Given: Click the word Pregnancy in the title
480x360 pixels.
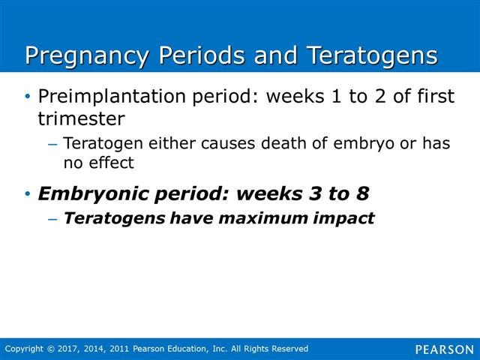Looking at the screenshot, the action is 87,57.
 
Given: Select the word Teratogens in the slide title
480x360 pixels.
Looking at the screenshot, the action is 372,57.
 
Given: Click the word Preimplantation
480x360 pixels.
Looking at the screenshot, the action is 112,97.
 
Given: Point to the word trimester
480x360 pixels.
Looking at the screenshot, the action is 82,118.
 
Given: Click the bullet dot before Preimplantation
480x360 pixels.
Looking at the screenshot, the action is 28,97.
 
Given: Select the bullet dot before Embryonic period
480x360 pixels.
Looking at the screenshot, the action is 28,193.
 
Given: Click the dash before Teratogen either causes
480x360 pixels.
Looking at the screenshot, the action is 52,144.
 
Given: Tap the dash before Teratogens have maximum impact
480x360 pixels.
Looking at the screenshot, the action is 52,219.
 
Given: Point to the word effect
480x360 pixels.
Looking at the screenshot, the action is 112,162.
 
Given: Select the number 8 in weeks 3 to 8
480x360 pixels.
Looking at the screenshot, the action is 362,193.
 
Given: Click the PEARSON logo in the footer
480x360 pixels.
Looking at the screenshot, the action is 445,349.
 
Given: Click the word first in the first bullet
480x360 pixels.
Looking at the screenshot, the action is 436,96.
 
